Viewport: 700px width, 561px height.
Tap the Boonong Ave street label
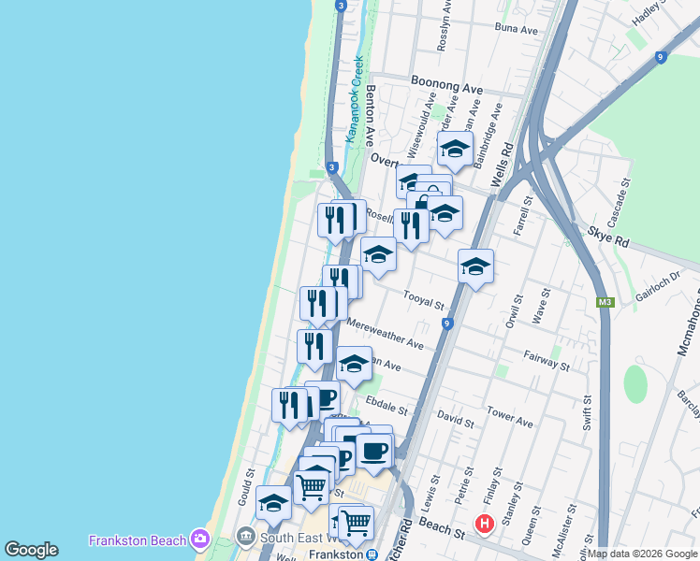pos(447,86)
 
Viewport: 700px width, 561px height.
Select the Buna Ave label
pos(517,30)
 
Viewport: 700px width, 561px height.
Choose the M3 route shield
pos(605,302)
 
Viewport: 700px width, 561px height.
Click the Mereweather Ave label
pos(386,334)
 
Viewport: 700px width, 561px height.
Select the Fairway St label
pos(547,358)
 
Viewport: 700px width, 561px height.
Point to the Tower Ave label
pos(510,418)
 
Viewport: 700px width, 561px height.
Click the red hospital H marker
pos(485,524)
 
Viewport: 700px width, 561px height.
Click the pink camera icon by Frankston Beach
pos(198,539)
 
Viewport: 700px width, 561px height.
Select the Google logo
pos(31,550)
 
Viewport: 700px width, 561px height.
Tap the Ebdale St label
pos(387,405)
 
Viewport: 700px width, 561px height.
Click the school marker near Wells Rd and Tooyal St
pos(475,267)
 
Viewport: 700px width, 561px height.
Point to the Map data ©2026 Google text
pos(643,554)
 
